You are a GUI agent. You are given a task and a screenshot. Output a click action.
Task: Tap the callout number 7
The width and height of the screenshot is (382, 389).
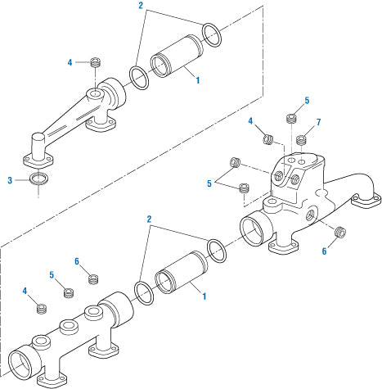[x=317, y=124]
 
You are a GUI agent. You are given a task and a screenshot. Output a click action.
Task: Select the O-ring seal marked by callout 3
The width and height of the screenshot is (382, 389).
[x=38, y=179]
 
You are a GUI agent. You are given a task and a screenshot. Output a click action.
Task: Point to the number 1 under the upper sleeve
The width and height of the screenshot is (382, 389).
[x=196, y=79]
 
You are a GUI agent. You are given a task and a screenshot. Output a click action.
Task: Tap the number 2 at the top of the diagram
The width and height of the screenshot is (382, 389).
[x=140, y=6]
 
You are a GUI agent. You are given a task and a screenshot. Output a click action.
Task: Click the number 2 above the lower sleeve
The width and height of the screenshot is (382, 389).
[x=149, y=220]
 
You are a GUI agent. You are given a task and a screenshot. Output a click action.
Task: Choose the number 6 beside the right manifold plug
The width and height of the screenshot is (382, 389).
[x=324, y=251]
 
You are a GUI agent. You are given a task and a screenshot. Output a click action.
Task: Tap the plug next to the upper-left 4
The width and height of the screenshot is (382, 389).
[x=95, y=62]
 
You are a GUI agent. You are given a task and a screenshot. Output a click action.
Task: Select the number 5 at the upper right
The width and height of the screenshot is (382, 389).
[x=307, y=101]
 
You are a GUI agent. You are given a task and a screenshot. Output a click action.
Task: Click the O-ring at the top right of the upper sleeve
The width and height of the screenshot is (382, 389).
[x=210, y=34]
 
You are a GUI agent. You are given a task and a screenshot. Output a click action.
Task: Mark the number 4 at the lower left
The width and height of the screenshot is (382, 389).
[x=25, y=290]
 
